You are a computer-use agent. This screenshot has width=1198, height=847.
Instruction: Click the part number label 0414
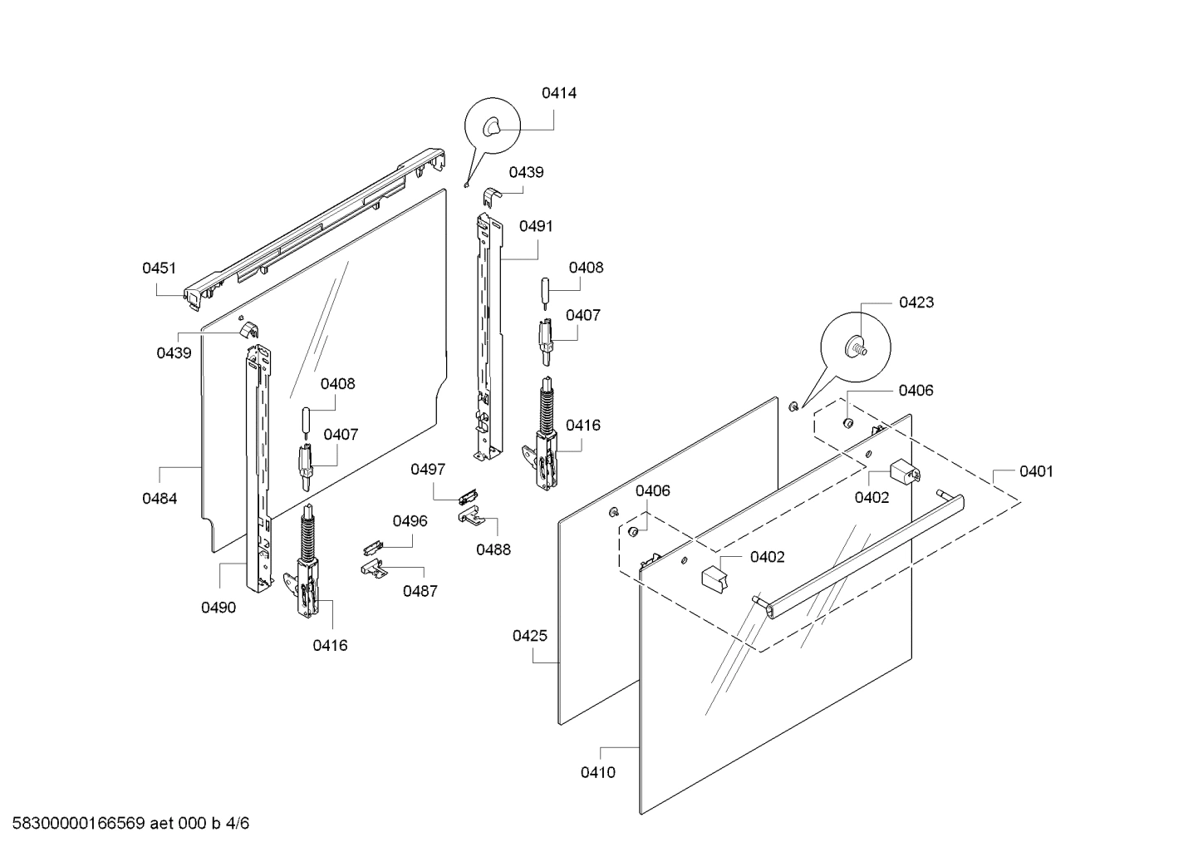(558, 93)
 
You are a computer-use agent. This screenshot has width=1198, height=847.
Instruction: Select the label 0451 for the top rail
(159, 268)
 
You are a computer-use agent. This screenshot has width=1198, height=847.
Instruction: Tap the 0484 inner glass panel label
(159, 499)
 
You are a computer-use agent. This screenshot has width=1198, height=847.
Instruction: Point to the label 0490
(218, 608)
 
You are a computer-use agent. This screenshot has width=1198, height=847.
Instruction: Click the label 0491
(536, 226)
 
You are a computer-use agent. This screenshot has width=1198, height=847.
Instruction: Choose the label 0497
(428, 470)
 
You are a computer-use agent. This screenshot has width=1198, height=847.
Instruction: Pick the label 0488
(493, 549)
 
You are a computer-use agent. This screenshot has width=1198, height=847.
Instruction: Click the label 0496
(410, 521)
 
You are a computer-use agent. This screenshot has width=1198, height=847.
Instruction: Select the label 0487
(420, 591)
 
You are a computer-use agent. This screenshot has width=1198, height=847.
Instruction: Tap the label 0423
(916, 303)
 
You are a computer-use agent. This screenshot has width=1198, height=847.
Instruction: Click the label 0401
(1036, 471)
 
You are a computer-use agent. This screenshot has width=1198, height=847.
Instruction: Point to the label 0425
(529, 636)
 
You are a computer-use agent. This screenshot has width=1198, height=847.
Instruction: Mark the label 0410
(597, 772)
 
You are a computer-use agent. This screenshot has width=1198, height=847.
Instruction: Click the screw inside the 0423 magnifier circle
(855, 347)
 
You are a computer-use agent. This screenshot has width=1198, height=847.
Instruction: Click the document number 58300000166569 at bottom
(75, 824)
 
